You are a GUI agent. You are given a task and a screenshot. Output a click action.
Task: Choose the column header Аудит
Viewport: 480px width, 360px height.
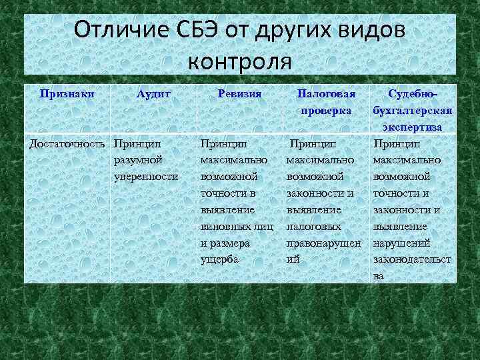(153, 95)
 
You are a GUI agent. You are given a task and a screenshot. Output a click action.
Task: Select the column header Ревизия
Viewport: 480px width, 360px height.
(239, 95)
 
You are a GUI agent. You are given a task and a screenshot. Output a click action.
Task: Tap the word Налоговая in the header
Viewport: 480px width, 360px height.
(326, 95)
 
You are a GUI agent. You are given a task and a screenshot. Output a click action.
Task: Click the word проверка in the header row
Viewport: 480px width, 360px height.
(326, 110)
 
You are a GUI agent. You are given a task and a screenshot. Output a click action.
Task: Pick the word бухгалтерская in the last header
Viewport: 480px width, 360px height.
(413, 110)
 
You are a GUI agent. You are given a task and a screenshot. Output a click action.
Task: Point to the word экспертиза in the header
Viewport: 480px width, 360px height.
(413, 126)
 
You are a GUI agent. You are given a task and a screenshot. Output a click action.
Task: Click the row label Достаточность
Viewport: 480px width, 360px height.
(67, 143)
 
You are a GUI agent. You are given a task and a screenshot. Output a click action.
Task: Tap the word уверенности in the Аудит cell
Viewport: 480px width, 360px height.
(146, 176)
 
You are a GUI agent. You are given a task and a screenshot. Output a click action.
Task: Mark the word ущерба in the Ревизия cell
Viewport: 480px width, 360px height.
(219, 259)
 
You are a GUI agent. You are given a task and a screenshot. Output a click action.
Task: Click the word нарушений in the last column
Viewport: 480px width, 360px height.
(401, 242)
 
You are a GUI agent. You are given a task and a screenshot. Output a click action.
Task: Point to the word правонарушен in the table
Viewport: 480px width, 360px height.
(323, 242)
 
